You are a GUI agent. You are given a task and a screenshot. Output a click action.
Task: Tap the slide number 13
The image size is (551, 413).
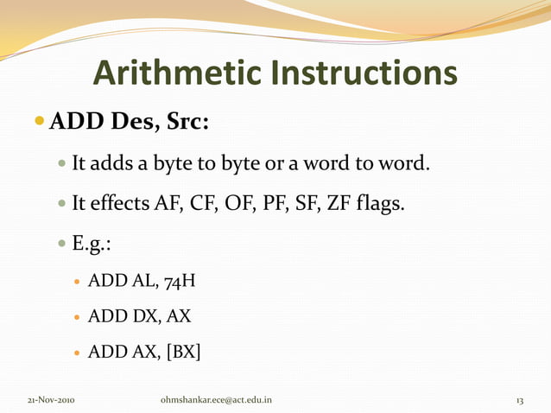[x=519, y=400]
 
